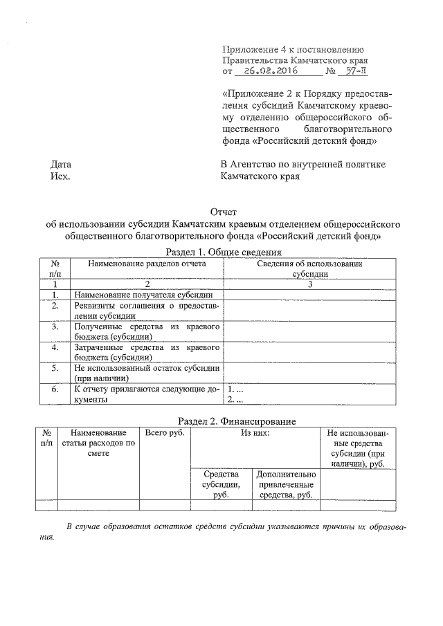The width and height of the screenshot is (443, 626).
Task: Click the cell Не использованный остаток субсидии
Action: coord(147,373)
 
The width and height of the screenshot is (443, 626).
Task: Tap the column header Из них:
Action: coord(255,433)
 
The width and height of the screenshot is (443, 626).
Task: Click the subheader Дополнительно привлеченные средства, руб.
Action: coord(286,484)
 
